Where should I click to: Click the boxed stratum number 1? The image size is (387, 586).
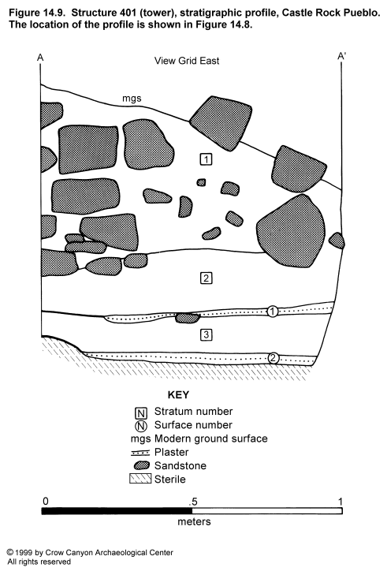click(207, 159)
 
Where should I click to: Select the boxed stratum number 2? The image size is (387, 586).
click(207, 278)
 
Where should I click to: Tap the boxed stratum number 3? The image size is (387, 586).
click(207, 334)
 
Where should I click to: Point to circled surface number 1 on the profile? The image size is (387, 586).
click(273, 312)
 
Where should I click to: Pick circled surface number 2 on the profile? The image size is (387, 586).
click(273, 358)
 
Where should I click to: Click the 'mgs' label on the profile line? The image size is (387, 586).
click(132, 99)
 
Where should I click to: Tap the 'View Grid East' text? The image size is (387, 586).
click(187, 61)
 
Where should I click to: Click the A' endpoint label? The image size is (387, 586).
click(341, 57)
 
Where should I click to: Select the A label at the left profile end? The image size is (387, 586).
click(40, 57)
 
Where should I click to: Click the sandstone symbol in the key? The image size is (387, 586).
click(142, 465)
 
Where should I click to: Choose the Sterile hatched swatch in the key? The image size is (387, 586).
click(140, 479)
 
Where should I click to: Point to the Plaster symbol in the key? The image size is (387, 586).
click(140, 453)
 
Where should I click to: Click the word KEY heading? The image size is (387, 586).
click(178, 395)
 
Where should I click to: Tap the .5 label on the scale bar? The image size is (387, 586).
click(193, 501)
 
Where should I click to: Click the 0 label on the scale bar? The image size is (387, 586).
click(45, 501)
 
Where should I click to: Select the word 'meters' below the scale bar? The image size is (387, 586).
click(194, 521)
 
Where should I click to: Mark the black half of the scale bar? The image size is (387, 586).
click(117, 511)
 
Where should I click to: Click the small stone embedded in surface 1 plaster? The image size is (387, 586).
click(188, 318)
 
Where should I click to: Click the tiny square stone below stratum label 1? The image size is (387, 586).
click(201, 182)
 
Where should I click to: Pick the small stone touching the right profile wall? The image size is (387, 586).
click(337, 241)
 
